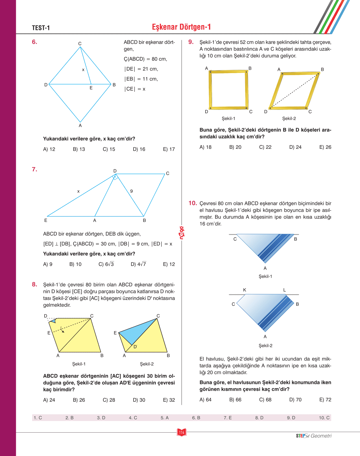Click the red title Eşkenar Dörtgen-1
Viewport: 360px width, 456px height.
click(181, 27)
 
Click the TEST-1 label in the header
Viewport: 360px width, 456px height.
click(41, 28)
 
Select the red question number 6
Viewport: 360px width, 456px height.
click(34, 42)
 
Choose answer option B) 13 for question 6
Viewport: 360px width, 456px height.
click(79, 149)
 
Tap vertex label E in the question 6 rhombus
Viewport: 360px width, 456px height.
click(91, 88)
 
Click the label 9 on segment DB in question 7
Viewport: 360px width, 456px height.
click(131, 191)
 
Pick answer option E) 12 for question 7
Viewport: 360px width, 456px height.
click(169, 264)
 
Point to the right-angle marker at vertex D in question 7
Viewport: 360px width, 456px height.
click(115, 177)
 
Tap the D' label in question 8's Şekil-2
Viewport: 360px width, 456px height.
click(135, 347)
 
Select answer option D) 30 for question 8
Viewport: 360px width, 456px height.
click(139, 400)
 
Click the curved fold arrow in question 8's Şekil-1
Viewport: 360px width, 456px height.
click(62, 330)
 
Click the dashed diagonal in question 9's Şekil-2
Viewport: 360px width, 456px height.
click(294, 91)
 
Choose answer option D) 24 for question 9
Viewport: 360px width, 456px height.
click(295, 147)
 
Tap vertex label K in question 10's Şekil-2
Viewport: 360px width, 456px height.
click(245, 290)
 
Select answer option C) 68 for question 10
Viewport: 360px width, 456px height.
click(265, 400)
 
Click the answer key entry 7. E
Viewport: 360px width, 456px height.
click(228, 418)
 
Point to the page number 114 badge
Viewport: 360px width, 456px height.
click(182, 432)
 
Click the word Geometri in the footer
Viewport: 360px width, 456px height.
click(321, 436)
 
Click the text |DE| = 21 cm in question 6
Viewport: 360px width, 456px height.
click(141, 69)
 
